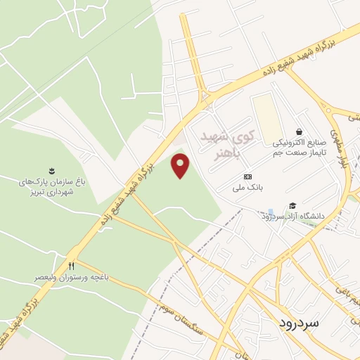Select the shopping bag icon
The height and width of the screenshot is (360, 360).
click(300, 131)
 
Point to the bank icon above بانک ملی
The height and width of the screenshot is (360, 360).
click(247, 176)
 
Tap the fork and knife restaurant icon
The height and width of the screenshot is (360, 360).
click(71, 266)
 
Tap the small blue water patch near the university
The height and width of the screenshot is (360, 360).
click(271, 212)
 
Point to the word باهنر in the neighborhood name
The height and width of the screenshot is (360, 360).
click(227, 151)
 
